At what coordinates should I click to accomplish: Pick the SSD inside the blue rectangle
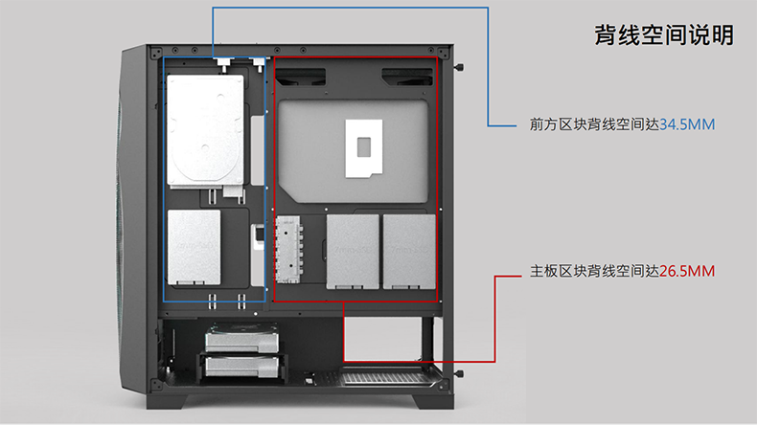pyautogui.click(x=193, y=248)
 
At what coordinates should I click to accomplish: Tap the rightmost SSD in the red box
pyautogui.click(x=408, y=252)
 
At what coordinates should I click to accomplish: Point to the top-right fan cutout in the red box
pyautogui.click(x=406, y=75)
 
